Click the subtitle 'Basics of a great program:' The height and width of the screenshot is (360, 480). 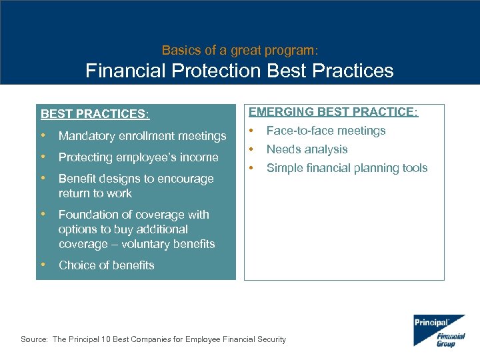coord(240,50)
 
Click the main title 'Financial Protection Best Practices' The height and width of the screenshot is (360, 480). coord(240,71)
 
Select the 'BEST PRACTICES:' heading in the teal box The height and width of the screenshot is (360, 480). coord(95,114)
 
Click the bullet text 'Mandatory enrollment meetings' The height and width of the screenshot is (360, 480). coord(142,136)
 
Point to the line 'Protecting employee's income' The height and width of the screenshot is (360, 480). coord(138,157)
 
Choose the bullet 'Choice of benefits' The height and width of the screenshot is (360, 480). coord(106,265)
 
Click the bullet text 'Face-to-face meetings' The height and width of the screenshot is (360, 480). coord(326,131)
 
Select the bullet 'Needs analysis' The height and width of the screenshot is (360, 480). coord(307,149)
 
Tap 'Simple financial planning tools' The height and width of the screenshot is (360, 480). coord(347,168)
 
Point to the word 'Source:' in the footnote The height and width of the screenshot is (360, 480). coord(34,339)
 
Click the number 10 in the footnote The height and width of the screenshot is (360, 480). coord(107,339)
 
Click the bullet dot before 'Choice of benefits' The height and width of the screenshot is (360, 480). coord(44,265)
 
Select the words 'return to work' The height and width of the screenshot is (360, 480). coord(95,193)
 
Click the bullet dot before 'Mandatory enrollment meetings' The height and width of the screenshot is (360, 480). coord(44,135)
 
